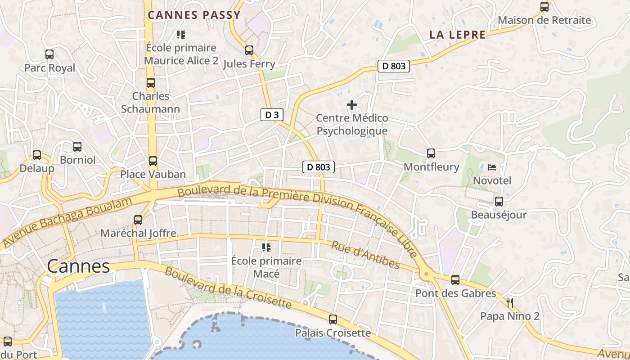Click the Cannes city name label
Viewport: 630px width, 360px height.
(x=78, y=266)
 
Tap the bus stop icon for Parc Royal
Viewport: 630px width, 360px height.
(x=49, y=54)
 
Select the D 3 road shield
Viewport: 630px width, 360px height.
(x=272, y=115)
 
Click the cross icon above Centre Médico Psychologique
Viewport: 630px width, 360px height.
(x=352, y=105)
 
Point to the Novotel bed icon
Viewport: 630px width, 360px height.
(x=492, y=167)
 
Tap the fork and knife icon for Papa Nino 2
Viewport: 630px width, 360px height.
(x=509, y=302)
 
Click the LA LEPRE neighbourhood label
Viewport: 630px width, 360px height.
(x=457, y=35)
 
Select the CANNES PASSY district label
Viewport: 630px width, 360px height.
(x=194, y=15)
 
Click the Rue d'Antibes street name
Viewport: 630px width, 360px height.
(x=365, y=255)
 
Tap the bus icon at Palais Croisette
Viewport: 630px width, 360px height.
(x=333, y=319)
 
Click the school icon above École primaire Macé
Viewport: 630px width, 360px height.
(x=266, y=247)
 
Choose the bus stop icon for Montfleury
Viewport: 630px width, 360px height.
(x=431, y=153)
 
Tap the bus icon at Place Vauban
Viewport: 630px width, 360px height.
(x=153, y=161)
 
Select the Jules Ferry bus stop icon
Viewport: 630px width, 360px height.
(x=249, y=50)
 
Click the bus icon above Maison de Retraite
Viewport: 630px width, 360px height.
(x=544, y=7)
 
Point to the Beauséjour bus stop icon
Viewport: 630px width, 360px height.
(x=499, y=202)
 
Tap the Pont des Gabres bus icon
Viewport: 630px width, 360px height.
(x=455, y=280)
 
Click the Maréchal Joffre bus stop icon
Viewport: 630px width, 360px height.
(x=138, y=220)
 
